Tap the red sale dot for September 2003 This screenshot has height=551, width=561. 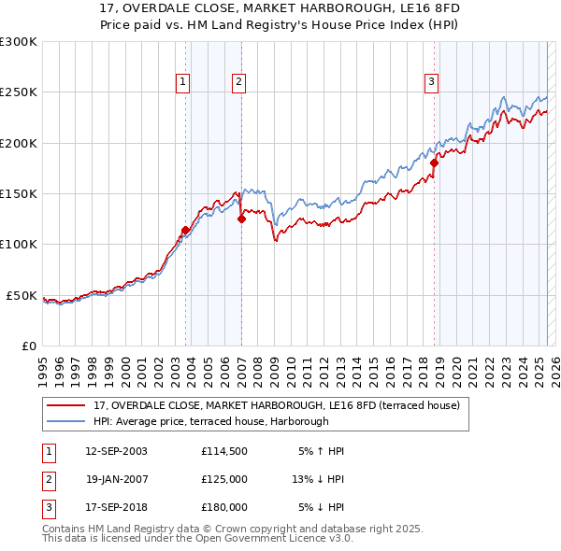click(x=185, y=230)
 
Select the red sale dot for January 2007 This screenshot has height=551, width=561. click(x=241, y=219)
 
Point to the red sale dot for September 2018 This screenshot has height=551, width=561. click(x=434, y=162)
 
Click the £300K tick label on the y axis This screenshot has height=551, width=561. click(x=19, y=42)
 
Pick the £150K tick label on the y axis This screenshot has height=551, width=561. click(x=19, y=194)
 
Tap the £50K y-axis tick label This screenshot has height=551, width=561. click(x=22, y=295)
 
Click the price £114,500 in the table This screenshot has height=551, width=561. click(x=223, y=451)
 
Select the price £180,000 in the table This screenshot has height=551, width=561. click(x=223, y=507)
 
